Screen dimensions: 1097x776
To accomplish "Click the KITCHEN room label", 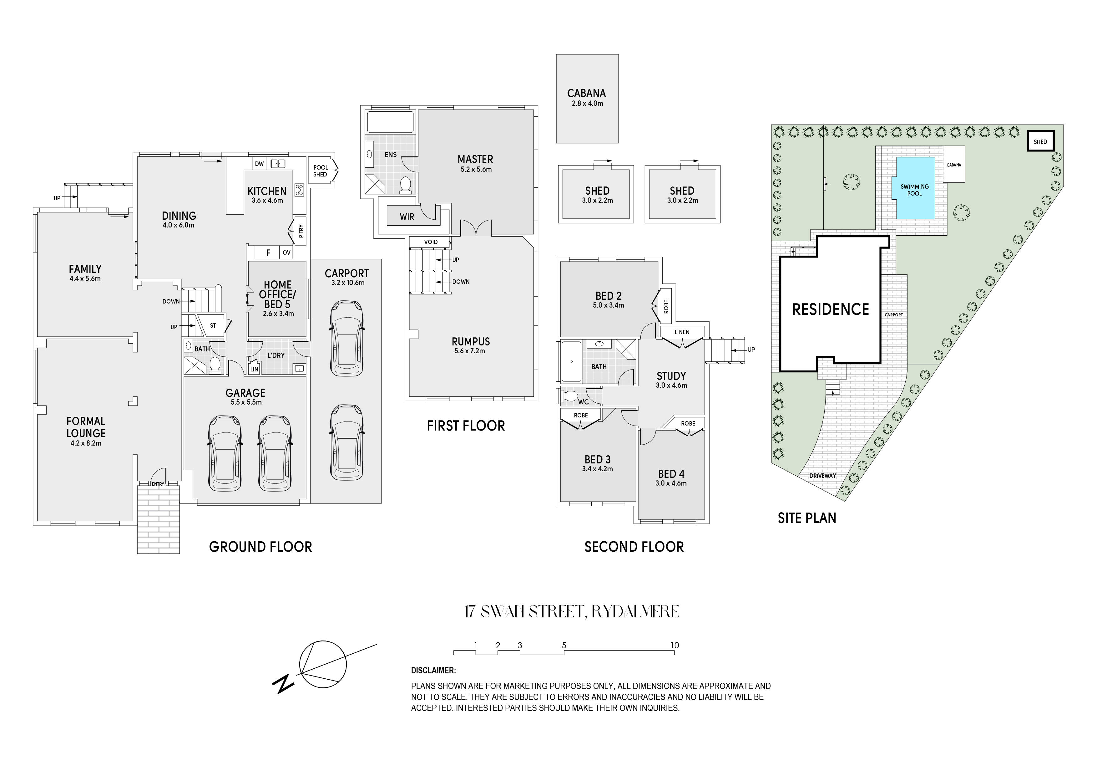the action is [x=267, y=191].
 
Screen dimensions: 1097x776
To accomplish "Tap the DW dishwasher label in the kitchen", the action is [x=259, y=164].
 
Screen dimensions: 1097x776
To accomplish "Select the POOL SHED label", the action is [x=321, y=171].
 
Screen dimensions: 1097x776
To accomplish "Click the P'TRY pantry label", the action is [x=301, y=232].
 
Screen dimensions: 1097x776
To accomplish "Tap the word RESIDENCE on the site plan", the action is [x=830, y=310].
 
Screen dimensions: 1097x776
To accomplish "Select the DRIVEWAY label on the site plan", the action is [x=823, y=476].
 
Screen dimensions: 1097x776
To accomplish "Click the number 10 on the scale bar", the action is [x=674, y=646].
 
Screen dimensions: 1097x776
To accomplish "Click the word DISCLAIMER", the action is [x=433, y=671].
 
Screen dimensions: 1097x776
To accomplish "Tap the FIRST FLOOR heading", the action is [x=466, y=426].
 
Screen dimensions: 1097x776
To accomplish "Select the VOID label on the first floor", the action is [x=431, y=242].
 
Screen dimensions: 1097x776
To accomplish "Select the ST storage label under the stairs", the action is [x=213, y=326].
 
